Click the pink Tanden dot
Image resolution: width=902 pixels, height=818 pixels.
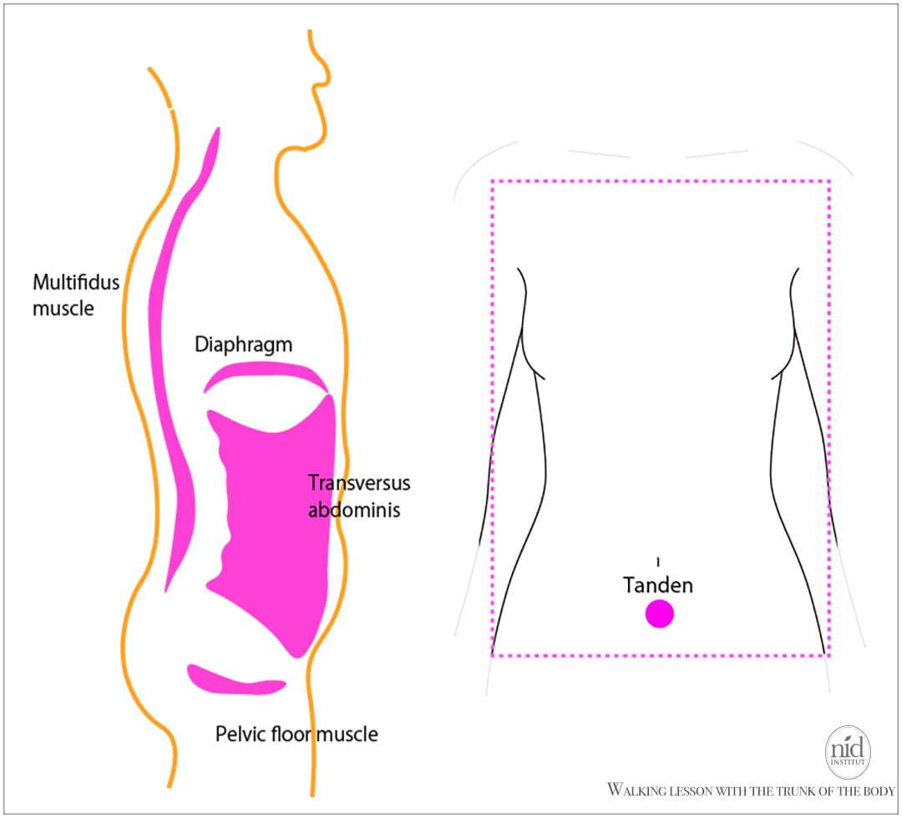(659, 613)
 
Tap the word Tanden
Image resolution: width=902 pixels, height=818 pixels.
(658, 585)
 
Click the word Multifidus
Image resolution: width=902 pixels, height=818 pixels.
(76, 282)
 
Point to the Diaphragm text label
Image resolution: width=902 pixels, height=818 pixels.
(244, 344)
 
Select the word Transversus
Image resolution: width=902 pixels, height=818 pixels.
(359, 483)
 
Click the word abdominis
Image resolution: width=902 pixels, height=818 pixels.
(354, 509)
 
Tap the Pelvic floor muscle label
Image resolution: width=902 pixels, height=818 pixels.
(296, 735)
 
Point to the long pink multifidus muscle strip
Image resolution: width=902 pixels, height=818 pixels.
(171, 376)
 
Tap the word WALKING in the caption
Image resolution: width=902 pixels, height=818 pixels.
(639, 790)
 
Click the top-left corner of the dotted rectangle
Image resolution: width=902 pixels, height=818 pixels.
(492, 180)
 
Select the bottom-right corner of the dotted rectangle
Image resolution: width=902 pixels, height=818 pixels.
(829, 656)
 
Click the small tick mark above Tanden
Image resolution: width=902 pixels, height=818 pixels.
(658, 559)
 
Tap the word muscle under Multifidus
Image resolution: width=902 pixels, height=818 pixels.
(63, 308)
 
